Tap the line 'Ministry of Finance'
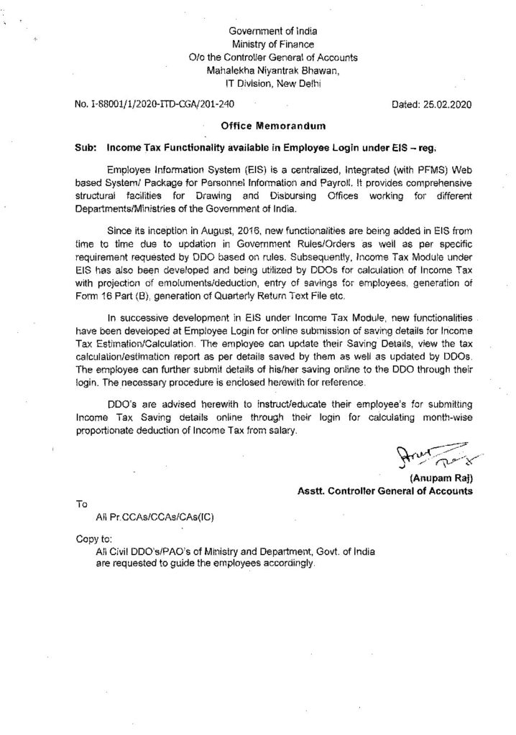click(272, 45)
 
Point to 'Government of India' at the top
click(272, 32)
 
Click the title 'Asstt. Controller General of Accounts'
click(385, 492)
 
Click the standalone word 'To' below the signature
click(80, 504)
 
